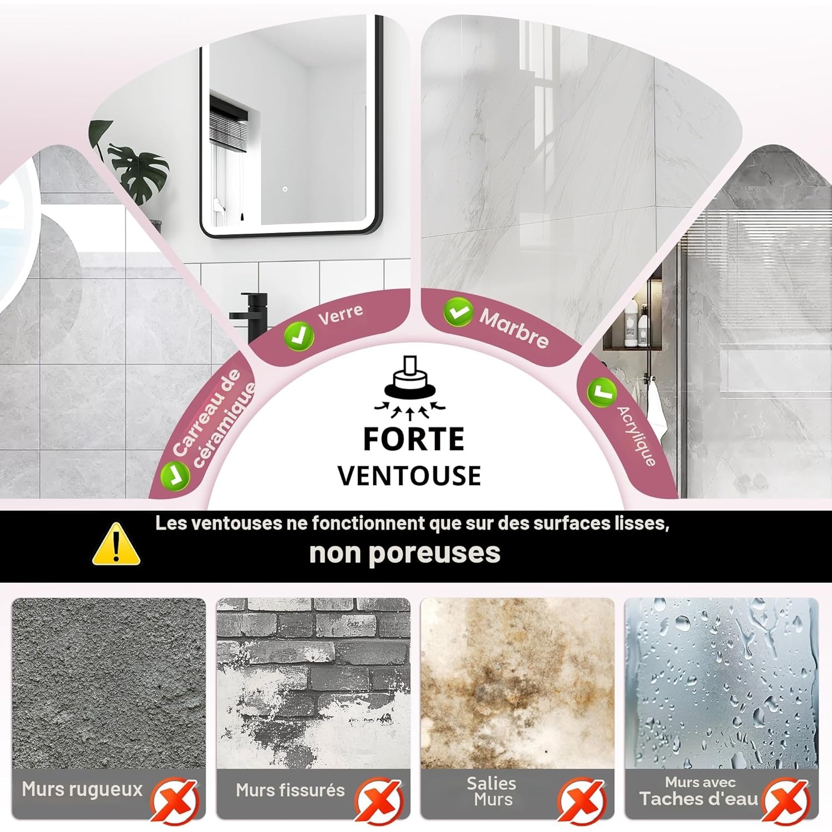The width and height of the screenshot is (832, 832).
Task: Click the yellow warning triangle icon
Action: click(116, 545)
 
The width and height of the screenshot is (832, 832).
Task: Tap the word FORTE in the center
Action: click(414, 439)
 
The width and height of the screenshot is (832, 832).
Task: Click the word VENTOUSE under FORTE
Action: click(409, 476)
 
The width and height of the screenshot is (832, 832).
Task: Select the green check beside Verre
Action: click(299, 336)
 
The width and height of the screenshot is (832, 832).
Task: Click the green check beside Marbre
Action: click(459, 312)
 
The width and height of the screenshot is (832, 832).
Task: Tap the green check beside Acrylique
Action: click(602, 392)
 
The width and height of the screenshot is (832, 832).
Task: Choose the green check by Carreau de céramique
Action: click(175, 475)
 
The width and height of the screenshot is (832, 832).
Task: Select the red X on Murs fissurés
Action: click(379, 800)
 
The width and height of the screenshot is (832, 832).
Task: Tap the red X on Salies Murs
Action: click(582, 800)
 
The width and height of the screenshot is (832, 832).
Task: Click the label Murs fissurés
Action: click(290, 790)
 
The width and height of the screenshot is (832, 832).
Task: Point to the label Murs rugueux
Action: click(82, 789)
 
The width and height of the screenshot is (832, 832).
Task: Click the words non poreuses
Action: click(405, 553)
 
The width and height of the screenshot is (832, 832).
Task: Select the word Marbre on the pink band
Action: click(514, 328)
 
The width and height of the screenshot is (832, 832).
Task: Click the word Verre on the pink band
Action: click(341, 314)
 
